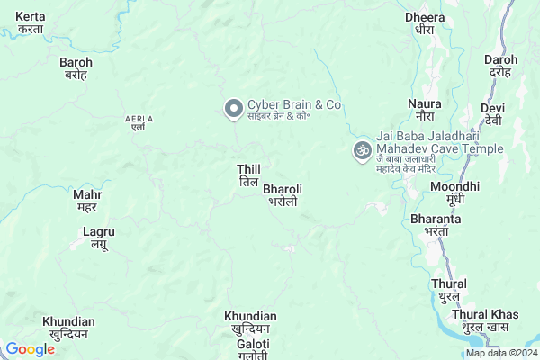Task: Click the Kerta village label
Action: pos(31,23)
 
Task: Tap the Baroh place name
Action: pos(75,68)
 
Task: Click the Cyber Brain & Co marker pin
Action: pos(233,109)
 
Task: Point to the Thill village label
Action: pos(248,175)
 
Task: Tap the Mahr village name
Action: pos(87,200)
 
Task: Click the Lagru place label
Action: pos(98,238)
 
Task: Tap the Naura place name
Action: pos(425,110)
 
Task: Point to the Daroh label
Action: pos(500,66)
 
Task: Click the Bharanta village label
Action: pos(436,224)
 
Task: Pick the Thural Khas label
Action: pos(486,319)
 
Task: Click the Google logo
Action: pos(30,349)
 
